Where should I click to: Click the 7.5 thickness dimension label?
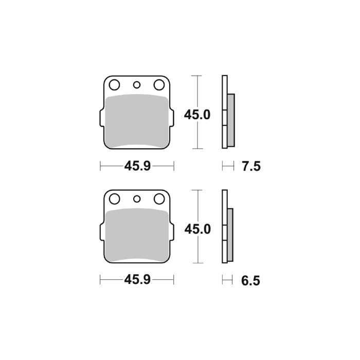pos(251,166)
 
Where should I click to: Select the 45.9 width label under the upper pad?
pos(137,166)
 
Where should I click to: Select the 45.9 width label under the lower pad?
pos(137,281)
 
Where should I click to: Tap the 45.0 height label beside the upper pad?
pos(197,114)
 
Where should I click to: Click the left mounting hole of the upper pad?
pos(115,84)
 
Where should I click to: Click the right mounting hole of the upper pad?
pos(159,84)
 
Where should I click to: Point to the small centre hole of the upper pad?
pos(137,85)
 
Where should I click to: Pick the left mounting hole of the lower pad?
pos(115,199)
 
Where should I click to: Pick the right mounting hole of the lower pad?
pos(159,199)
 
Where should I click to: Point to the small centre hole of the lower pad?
pos(137,199)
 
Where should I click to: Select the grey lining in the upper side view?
pos(231,118)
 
